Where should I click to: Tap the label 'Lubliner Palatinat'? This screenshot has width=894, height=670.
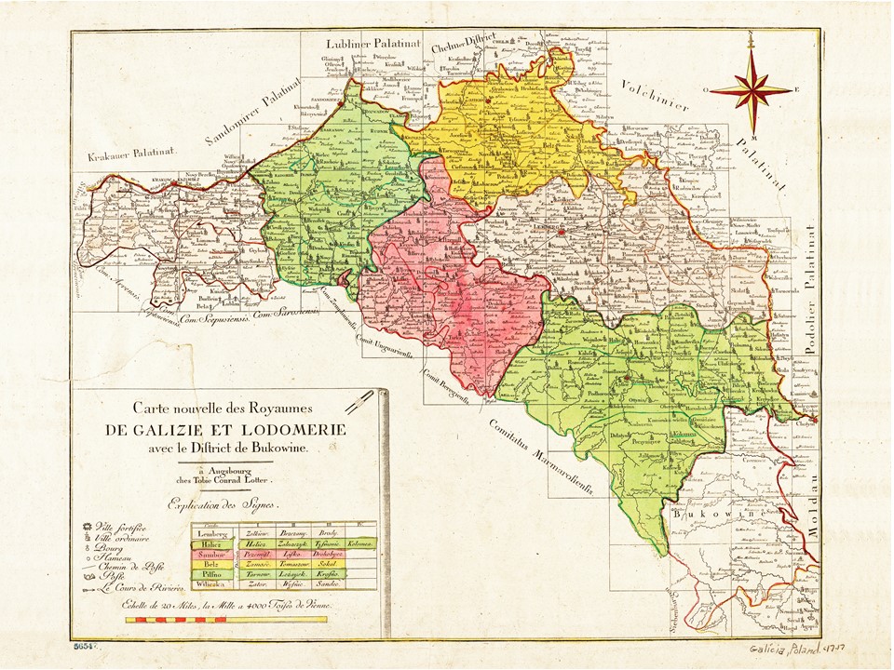tap(372, 44)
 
